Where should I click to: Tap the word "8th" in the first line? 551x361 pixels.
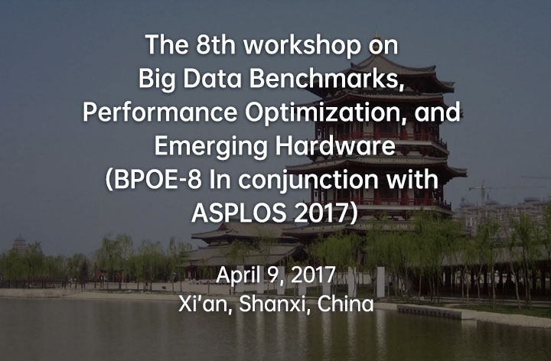[215, 44]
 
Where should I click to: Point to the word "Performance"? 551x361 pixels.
[160, 112]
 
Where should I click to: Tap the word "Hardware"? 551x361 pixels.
[335, 146]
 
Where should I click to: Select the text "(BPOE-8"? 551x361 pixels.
[154, 180]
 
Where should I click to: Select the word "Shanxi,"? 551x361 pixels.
[275, 304]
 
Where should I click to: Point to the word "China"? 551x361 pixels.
[345, 304]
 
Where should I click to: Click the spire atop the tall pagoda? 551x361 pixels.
[377, 39]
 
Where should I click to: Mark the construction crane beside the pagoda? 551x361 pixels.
[483, 194]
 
